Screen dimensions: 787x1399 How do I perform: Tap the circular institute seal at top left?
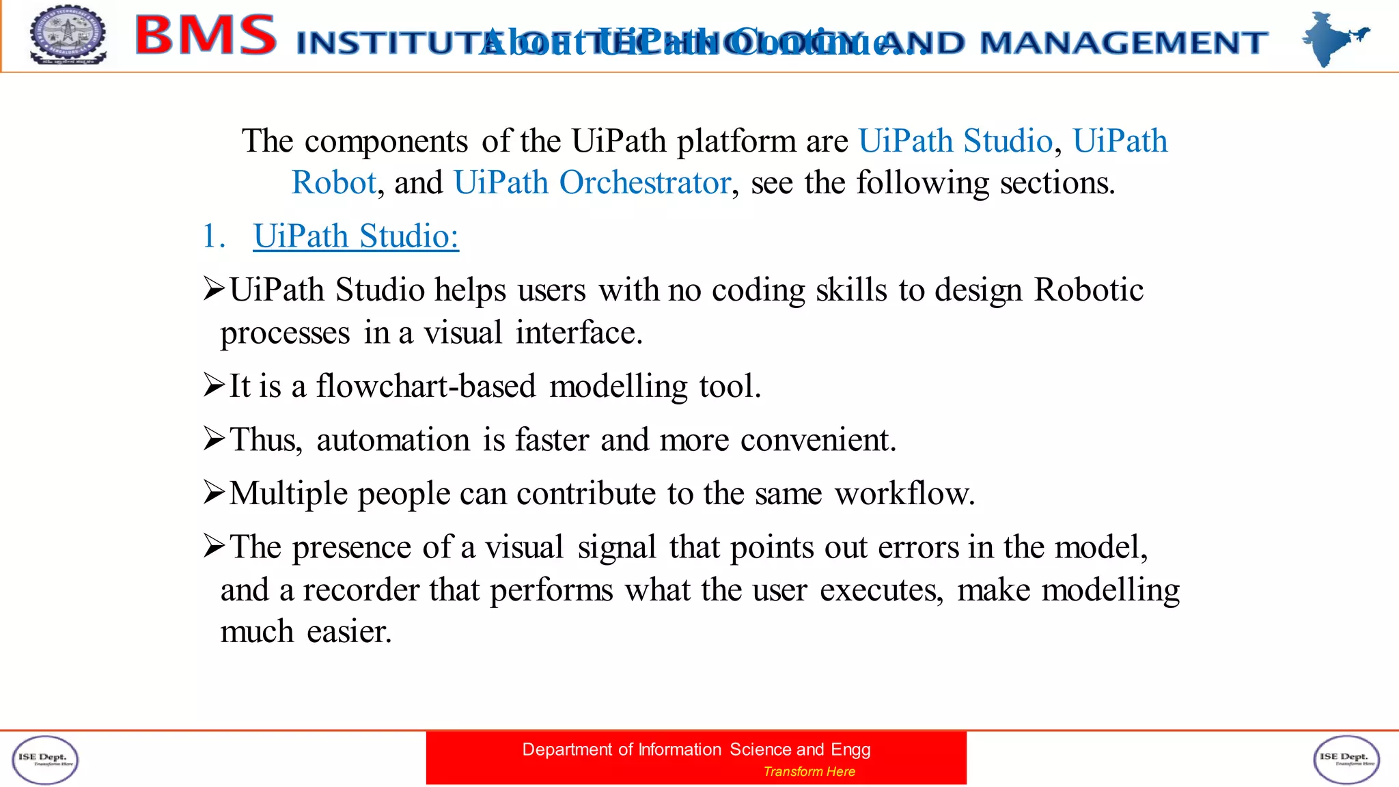pyautogui.click(x=68, y=35)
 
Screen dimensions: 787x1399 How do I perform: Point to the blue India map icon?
pyautogui.click(x=1333, y=38)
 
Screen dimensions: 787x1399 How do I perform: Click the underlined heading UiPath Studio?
pyautogui.click(x=356, y=236)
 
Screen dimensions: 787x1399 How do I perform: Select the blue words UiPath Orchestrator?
pyautogui.click(x=592, y=183)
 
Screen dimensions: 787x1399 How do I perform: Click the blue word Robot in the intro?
pyautogui.click(x=333, y=183)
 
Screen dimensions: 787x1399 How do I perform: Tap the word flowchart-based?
pyautogui.click(x=426, y=386)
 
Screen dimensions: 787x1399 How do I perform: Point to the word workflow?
pyautogui.click(x=904, y=493)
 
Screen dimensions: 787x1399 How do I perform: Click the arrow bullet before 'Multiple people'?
pyautogui.click(x=214, y=493)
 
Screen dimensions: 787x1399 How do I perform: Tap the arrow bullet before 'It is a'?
pyautogui.click(x=214, y=385)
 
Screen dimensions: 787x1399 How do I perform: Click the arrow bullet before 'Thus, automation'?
pyautogui.click(x=214, y=439)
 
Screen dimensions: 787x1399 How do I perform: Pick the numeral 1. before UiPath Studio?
pyautogui.click(x=213, y=236)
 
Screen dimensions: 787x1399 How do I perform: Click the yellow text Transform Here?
pyautogui.click(x=809, y=771)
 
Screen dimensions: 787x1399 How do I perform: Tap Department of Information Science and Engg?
pyautogui.click(x=696, y=749)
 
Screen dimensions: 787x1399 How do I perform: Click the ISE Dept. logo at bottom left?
pyautogui.click(x=45, y=760)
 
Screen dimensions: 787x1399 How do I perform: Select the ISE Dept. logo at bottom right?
pyautogui.click(x=1346, y=760)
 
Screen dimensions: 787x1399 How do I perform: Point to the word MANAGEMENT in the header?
pyautogui.click(x=1124, y=43)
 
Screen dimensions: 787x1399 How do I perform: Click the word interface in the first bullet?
pyautogui.click(x=578, y=333)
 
